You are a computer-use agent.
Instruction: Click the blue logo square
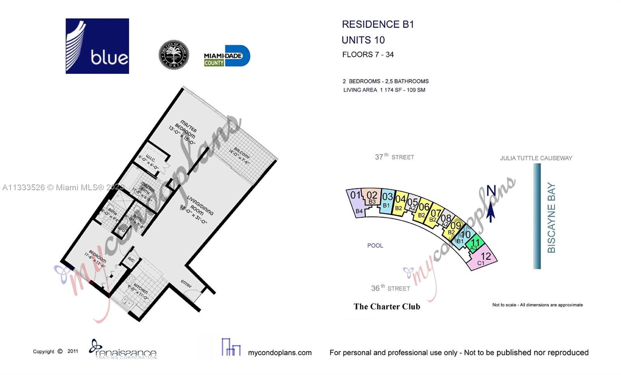(x=97, y=46)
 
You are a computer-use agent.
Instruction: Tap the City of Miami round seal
(x=173, y=55)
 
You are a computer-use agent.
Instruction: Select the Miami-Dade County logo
(x=227, y=56)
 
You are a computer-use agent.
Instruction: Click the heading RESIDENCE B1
(x=378, y=24)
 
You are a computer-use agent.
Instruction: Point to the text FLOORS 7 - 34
(x=368, y=55)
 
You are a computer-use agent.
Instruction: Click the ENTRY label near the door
(x=186, y=284)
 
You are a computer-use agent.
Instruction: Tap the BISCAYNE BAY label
(x=551, y=218)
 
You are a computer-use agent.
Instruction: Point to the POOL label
(x=375, y=246)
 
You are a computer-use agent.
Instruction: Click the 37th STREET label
(x=394, y=157)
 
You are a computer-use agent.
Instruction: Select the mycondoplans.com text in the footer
(x=279, y=352)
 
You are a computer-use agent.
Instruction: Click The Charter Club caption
(x=387, y=307)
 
